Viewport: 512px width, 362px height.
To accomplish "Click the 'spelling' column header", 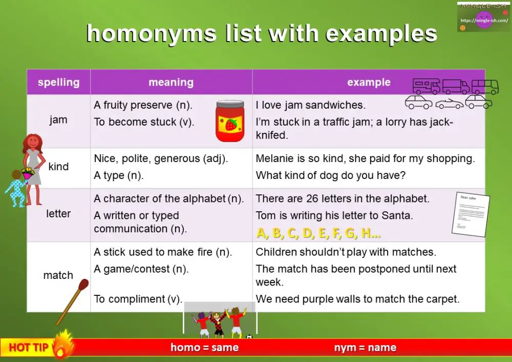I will tap(58, 82).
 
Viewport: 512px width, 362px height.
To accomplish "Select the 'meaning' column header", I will tap(171, 82).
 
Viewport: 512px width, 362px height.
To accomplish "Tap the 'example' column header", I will tap(369, 82).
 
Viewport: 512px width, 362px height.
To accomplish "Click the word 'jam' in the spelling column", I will tap(58, 119).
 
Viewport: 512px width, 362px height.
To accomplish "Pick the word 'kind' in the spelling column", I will tap(58, 167).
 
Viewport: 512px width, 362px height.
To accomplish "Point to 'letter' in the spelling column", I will tap(58, 213).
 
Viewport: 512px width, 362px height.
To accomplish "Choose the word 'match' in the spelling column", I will tap(58, 275).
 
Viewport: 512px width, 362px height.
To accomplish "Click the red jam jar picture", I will tap(229, 121).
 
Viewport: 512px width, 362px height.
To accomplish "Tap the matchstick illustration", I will tap(72, 302).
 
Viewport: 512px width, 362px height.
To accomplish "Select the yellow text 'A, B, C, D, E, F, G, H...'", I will tap(318, 233).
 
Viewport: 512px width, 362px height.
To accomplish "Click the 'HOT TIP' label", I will tap(29, 348).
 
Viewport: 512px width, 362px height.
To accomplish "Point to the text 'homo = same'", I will tap(204, 348).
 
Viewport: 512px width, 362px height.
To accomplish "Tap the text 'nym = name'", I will tap(365, 348).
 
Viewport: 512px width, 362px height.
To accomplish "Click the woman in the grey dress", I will tap(34, 167).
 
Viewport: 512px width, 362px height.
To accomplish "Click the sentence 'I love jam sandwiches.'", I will tap(310, 106).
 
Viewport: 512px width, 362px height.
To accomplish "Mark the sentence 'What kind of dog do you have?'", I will tap(330, 175).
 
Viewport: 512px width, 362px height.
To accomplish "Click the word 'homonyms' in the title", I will tap(152, 34).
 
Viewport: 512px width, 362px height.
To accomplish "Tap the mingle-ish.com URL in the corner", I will tap(484, 21).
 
